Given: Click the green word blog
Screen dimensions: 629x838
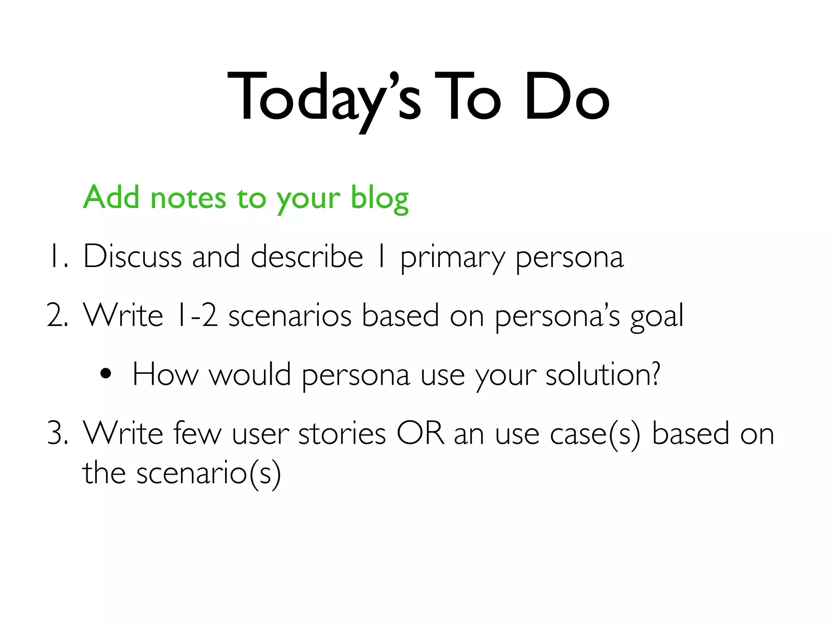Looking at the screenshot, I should tap(380, 198).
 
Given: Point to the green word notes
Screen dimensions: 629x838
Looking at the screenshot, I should tap(188, 198).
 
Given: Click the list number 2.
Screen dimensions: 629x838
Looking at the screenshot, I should tap(58, 316).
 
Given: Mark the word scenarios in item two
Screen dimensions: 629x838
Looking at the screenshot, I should tap(290, 316).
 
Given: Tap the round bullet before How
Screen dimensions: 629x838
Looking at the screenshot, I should tap(106, 374).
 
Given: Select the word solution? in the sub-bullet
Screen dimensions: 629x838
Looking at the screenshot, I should tap(603, 375).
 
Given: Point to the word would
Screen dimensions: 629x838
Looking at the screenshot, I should tap(250, 375).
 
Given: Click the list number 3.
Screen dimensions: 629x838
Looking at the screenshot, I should tap(58, 433).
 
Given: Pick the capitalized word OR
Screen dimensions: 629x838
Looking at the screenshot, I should tap(420, 433).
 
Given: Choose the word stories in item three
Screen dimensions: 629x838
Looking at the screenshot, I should tap(342, 433).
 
